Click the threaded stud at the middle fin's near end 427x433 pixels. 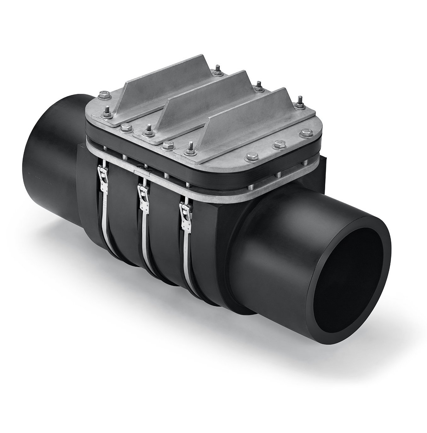click(x=147, y=127)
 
